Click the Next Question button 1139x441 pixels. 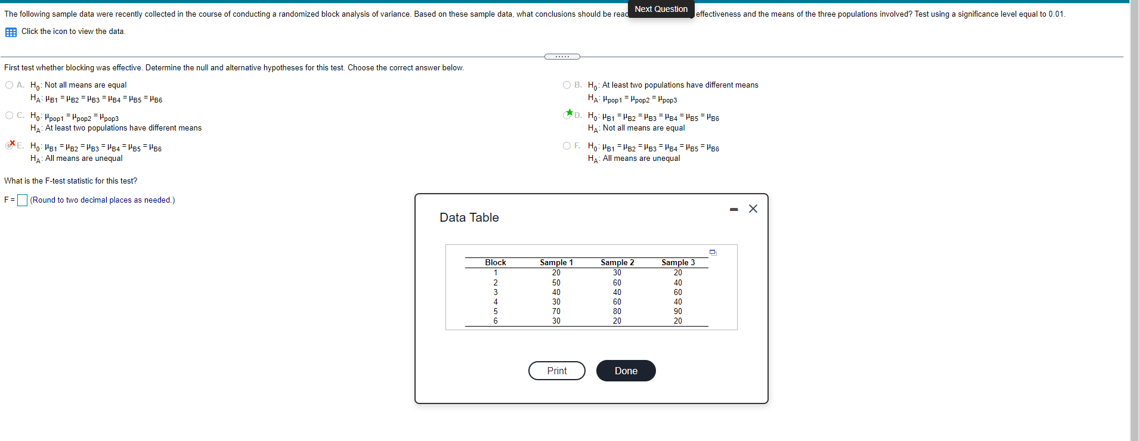661,9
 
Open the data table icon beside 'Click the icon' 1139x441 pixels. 11,32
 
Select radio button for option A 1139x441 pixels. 9,85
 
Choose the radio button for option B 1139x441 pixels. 567,85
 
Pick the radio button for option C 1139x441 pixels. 9,116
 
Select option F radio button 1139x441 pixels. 567,146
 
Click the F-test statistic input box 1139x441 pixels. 22,200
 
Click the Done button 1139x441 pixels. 626,371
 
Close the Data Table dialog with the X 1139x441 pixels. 753,209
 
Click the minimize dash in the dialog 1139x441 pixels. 734,209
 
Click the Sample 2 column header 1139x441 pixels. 617,262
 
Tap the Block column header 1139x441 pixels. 495,262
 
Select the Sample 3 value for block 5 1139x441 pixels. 678,311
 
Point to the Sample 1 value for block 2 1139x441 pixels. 556,282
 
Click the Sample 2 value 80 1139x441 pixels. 617,311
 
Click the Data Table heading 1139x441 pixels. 469,218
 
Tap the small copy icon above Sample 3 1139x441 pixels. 713,253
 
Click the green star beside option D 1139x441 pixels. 569,113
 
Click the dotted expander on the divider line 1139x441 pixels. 562,57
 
